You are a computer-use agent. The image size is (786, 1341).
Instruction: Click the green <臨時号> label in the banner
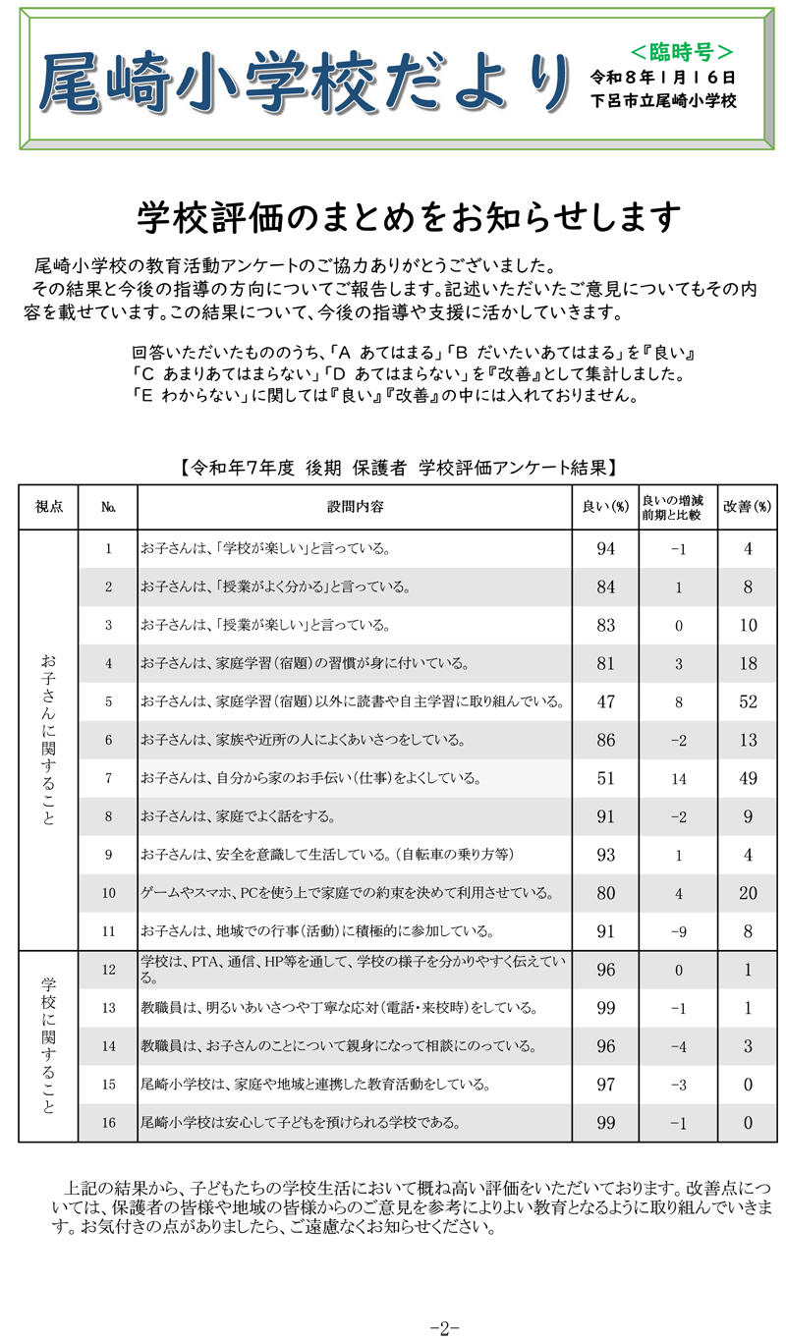point(681,50)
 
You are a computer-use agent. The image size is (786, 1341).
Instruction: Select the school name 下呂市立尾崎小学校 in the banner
point(663,100)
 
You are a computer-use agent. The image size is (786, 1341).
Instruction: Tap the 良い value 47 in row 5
point(605,701)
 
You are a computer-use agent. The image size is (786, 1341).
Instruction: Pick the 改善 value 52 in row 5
point(748,701)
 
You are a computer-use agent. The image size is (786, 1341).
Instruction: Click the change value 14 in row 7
point(678,778)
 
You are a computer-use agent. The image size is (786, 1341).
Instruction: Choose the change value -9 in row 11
point(678,930)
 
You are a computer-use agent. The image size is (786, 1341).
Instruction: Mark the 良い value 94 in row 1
point(605,549)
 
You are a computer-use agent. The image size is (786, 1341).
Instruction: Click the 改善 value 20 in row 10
point(748,892)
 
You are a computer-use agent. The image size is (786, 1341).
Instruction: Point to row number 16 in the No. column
point(108,1120)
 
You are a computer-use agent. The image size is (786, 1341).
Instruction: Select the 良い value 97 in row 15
point(605,1083)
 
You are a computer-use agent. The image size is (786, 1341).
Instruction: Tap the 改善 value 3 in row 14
point(748,1045)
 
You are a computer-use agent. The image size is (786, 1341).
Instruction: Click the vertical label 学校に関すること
point(48,1044)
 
